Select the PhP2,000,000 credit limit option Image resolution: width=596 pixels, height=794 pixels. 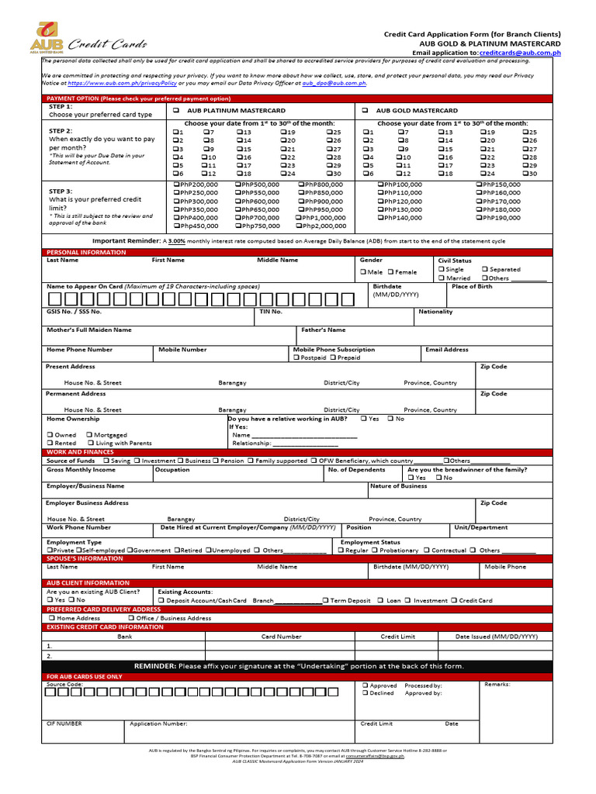click(302, 226)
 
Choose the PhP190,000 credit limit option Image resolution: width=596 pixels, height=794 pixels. click(478, 218)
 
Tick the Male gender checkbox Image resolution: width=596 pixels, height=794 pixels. click(363, 272)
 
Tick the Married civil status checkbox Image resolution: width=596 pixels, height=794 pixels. click(442, 278)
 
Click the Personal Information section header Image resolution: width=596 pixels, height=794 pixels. click(85, 253)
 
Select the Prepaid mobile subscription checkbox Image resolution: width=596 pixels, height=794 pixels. click(333, 357)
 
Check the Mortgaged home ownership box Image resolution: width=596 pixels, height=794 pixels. click(89, 435)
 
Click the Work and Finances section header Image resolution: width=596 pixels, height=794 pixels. click(80, 452)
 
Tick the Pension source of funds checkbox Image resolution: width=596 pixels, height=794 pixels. click(217, 461)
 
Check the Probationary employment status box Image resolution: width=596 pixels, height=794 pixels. click(375, 551)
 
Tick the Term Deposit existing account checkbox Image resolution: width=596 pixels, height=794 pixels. click(325, 600)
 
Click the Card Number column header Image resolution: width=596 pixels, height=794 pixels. click(281, 636)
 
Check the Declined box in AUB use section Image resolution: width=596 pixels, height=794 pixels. click(365, 693)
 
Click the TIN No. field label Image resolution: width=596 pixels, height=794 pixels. click(270, 312)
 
